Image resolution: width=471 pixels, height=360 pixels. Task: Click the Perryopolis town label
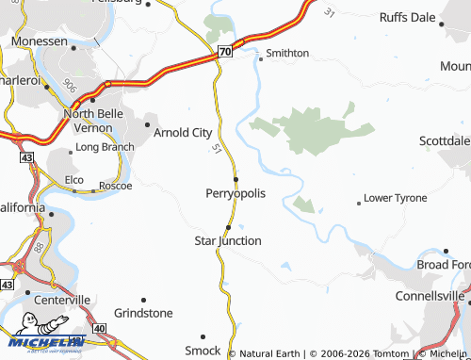click(x=235, y=193)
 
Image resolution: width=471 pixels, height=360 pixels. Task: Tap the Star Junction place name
click(x=227, y=241)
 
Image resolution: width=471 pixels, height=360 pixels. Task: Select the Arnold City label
click(x=183, y=133)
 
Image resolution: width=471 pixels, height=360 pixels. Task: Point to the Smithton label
click(x=287, y=53)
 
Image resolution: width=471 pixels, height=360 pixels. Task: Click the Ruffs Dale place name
click(x=407, y=17)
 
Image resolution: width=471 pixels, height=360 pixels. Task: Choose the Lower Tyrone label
click(x=395, y=198)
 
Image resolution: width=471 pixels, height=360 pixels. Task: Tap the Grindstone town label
click(x=143, y=313)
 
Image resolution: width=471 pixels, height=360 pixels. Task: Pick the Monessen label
click(x=41, y=42)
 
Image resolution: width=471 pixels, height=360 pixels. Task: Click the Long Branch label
click(x=104, y=147)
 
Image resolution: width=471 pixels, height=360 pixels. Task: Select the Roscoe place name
click(x=115, y=186)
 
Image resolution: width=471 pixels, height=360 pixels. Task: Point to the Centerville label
click(x=62, y=300)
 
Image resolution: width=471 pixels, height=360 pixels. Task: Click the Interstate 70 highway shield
click(x=224, y=52)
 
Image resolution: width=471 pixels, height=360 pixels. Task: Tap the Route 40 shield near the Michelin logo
click(x=100, y=327)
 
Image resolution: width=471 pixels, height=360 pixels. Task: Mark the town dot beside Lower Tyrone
click(x=358, y=203)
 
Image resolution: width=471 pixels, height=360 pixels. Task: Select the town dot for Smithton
click(x=261, y=57)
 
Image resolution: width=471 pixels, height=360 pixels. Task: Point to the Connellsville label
click(x=429, y=296)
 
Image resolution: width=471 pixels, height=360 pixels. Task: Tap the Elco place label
click(x=74, y=178)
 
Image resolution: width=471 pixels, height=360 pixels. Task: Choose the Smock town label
click(x=202, y=351)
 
